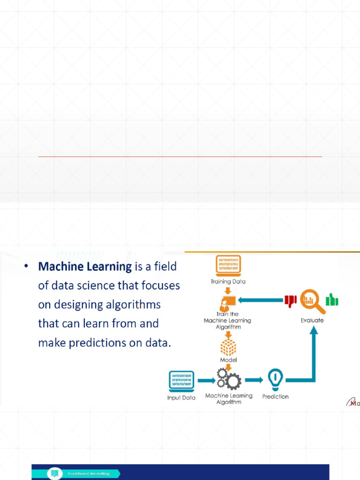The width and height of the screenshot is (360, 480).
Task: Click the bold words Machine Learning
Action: tap(85, 267)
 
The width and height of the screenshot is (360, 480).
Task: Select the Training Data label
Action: tap(228, 282)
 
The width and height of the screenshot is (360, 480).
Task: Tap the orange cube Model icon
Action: tap(228, 347)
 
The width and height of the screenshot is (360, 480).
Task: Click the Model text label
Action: tap(228, 360)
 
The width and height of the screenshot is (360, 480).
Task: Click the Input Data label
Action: tap(181, 397)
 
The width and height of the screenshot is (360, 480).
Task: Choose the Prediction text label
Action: tap(275, 397)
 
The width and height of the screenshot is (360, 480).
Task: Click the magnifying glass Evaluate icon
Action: tap(312, 301)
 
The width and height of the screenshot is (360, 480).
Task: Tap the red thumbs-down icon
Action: tap(291, 300)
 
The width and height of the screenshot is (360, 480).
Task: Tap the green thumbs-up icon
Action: tap(332, 300)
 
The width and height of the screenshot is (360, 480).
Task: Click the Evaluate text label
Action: tap(312, 321)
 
